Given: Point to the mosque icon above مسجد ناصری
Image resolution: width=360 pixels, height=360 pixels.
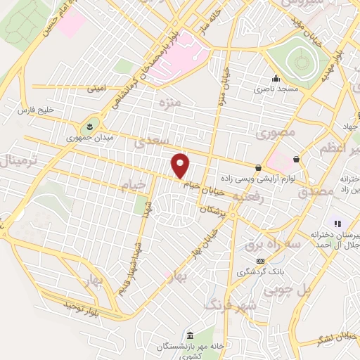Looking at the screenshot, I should (276, 79).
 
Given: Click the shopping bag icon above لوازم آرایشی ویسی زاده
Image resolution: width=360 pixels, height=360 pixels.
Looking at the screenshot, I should (259, 167).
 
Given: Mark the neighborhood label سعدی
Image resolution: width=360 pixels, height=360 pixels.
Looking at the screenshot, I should (148, 143).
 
